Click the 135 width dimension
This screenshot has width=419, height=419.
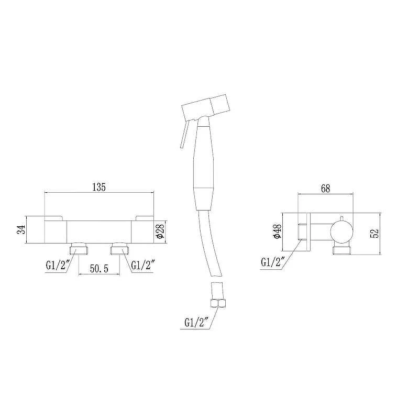99,187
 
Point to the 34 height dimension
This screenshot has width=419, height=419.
21,229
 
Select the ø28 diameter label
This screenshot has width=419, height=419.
160,231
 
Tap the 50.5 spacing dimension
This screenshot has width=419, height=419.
99,269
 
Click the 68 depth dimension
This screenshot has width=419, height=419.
325,189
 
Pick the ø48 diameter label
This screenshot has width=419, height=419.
278,231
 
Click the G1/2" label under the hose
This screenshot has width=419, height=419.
196,323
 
